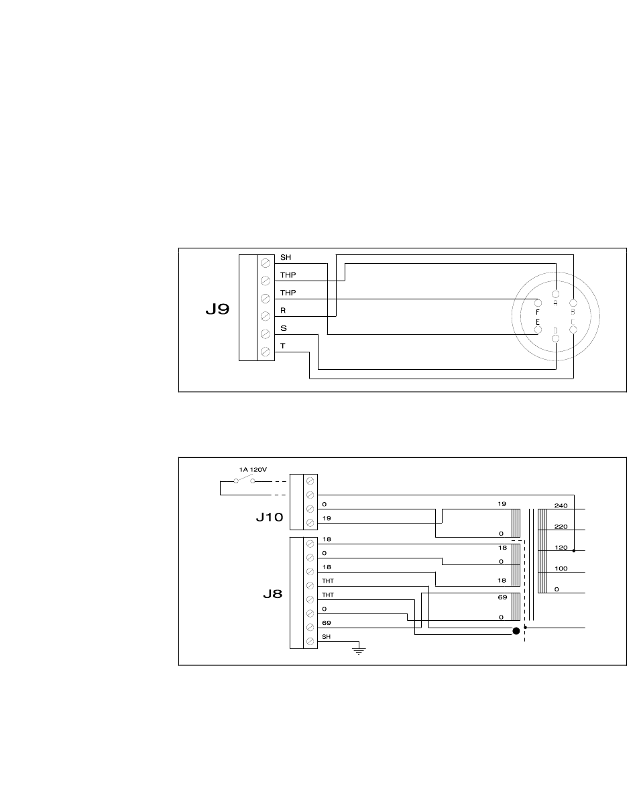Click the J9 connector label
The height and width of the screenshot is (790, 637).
pos(217,311)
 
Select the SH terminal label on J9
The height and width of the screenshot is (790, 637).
pos(285,257)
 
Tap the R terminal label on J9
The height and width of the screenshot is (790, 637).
pos(282,311)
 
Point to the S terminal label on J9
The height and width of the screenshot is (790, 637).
pos(283,328)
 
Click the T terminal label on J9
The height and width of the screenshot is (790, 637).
pos(282,346)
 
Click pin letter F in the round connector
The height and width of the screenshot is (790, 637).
pos(538,312)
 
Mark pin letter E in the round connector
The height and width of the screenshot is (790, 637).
pos(537,322)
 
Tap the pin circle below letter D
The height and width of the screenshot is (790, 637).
pos(555,339)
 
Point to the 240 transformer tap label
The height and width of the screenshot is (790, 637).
pos(561,505)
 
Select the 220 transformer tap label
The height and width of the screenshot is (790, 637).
pos(561,526)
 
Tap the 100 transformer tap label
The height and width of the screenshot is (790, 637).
pos(561,568)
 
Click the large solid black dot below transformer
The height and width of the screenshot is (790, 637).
pos(516,632)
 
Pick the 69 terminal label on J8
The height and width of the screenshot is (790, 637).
pos(327,624)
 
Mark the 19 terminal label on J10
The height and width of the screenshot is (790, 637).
pos(326,519)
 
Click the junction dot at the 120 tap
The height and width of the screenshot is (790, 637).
pos(573,550)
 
